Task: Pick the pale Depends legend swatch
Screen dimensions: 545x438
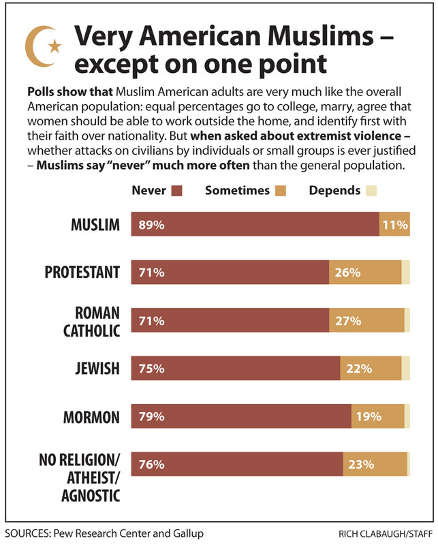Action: [x=371, y=191]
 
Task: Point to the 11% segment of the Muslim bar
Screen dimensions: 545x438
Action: [x=394, y=223]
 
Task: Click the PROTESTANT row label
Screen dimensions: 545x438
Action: [x=82, y=272]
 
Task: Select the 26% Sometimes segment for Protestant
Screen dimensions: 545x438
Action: [x=365, y=272]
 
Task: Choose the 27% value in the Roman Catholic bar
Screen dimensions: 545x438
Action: [x=347, y=320]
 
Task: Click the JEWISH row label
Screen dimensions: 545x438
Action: [x=96, y=369]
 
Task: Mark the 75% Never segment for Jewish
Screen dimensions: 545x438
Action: [x=236, y=369]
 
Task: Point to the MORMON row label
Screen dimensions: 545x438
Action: [x=91, y=417]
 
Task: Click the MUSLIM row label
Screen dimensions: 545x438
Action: [x=95, y=223]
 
